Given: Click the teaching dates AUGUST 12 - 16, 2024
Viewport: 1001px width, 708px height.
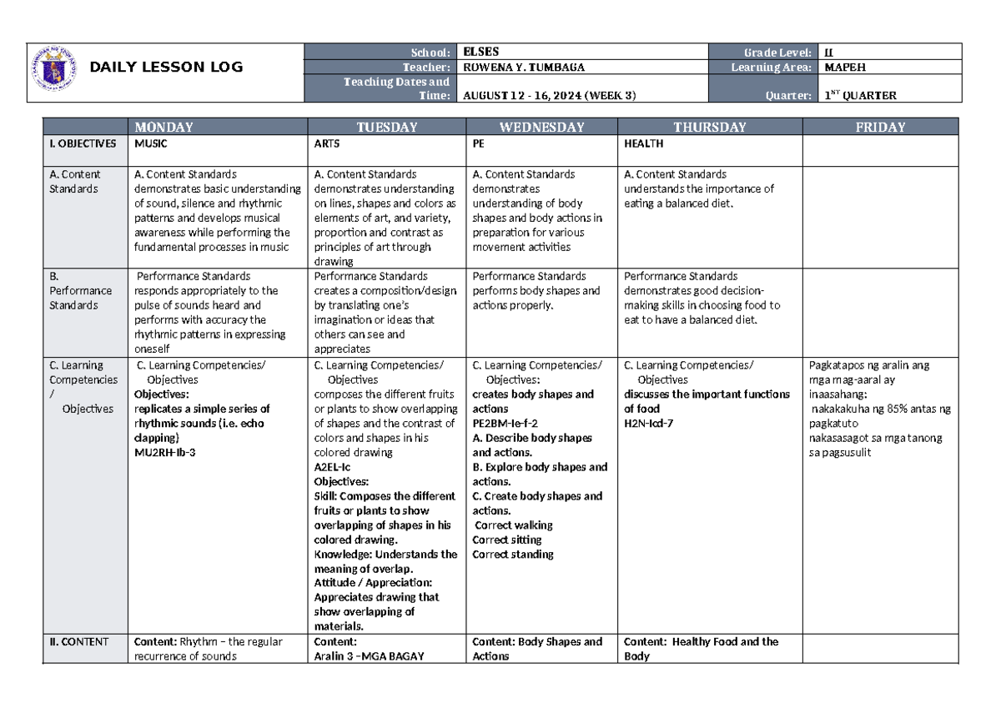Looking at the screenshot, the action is pos(548,95).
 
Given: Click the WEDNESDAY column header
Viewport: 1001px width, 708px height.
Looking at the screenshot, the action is pos(541,128).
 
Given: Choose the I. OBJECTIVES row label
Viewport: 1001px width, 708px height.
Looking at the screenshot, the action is pos(81,143).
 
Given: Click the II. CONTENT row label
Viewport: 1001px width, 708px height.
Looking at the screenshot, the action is pos(78,641).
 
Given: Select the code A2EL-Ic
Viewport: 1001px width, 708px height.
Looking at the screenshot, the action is pos(333,467).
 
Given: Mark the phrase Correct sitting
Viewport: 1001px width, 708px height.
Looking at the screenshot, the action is pos(506,540).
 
